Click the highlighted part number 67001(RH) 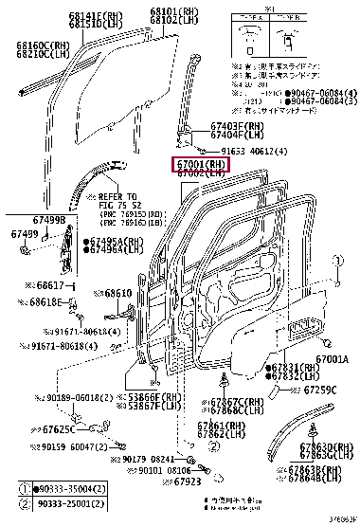click(x=200, y=164)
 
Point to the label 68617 click(x=47, y=285)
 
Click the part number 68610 click(x=120, y=293)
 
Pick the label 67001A click(x=333, y=359)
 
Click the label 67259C click(x=319, y=390)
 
